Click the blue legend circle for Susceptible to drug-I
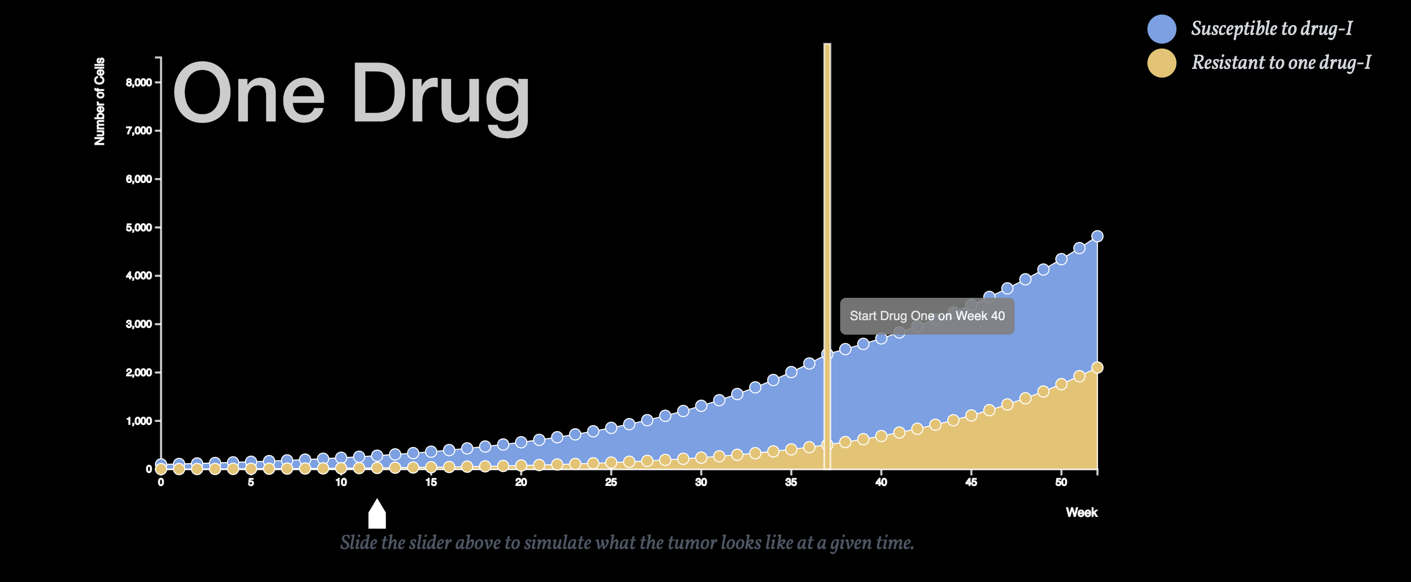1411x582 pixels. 1162,29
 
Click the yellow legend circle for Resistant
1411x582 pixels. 1162,63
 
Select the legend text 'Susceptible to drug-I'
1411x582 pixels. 1271,29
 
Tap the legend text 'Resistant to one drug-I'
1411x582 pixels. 1281,63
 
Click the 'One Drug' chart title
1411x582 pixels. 351,96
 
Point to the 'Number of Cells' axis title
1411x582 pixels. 99,101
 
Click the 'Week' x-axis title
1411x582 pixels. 1081,512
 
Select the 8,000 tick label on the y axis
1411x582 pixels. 139,83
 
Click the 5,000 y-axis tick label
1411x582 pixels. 139,227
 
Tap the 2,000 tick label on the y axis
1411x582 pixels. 139,372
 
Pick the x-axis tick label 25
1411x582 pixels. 611,482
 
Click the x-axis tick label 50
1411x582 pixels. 1061,482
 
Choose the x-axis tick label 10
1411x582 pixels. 341,482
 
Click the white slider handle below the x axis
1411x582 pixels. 377,515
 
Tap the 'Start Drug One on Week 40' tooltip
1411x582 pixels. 927,316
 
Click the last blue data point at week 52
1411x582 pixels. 1097,236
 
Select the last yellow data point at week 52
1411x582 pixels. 1097,368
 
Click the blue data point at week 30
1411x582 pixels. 701,406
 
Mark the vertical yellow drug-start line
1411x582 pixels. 827,257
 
